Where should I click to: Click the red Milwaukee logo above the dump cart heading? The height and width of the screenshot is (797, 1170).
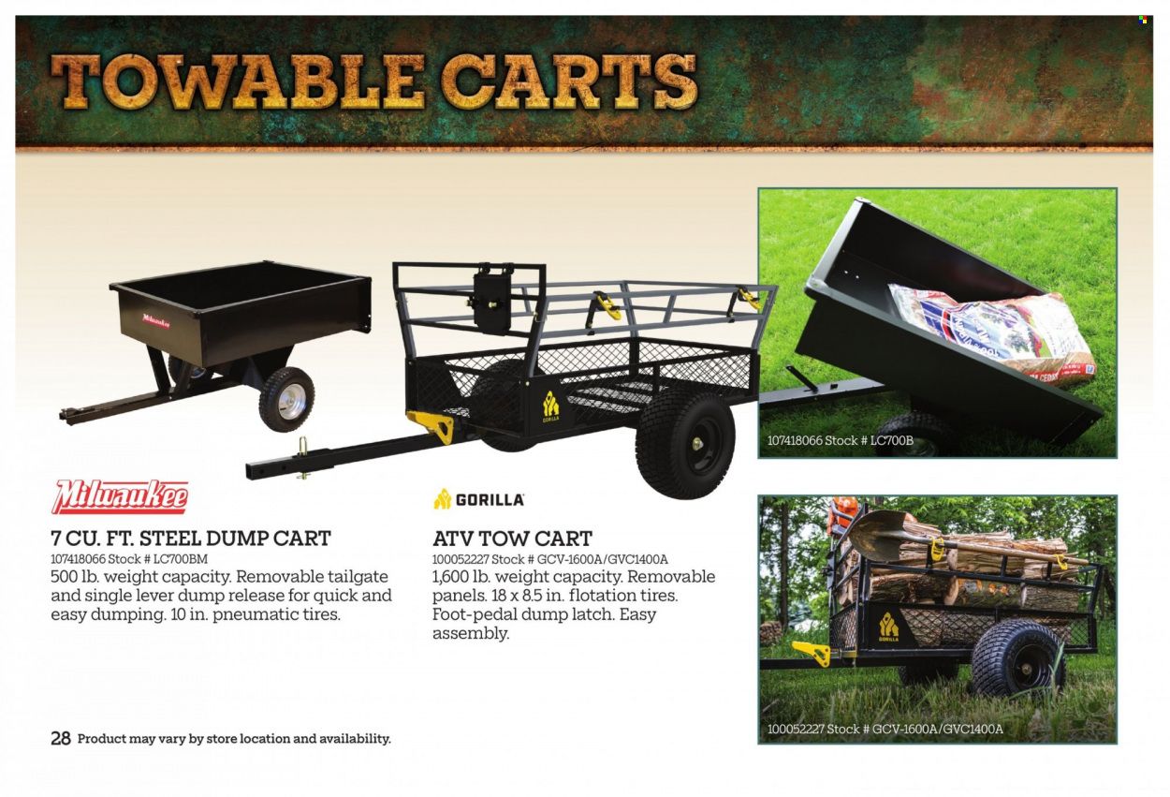[120, 497]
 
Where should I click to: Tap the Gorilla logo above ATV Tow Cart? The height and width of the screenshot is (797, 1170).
[479, 499]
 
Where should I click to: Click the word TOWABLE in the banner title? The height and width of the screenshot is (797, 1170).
[238, 82]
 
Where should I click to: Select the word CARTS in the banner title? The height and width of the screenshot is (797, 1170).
[568, 82]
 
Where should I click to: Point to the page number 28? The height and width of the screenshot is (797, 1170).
[61, 739]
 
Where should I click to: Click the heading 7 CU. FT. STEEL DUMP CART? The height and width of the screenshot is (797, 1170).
[191, 539]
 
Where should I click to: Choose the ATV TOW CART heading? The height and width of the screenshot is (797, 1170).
[512, 539]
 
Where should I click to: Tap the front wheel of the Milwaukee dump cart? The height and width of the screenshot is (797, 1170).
[286, 399]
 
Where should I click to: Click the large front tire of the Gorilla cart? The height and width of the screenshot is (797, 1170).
[685, 444]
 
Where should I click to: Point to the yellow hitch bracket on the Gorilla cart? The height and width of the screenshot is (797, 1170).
[431, 425]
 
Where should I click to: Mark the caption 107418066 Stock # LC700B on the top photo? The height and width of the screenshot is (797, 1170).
[840, 440]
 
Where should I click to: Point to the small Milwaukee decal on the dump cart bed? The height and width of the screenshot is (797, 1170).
[156, 320]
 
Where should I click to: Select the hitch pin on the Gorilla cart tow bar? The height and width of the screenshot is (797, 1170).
[303, 457]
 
